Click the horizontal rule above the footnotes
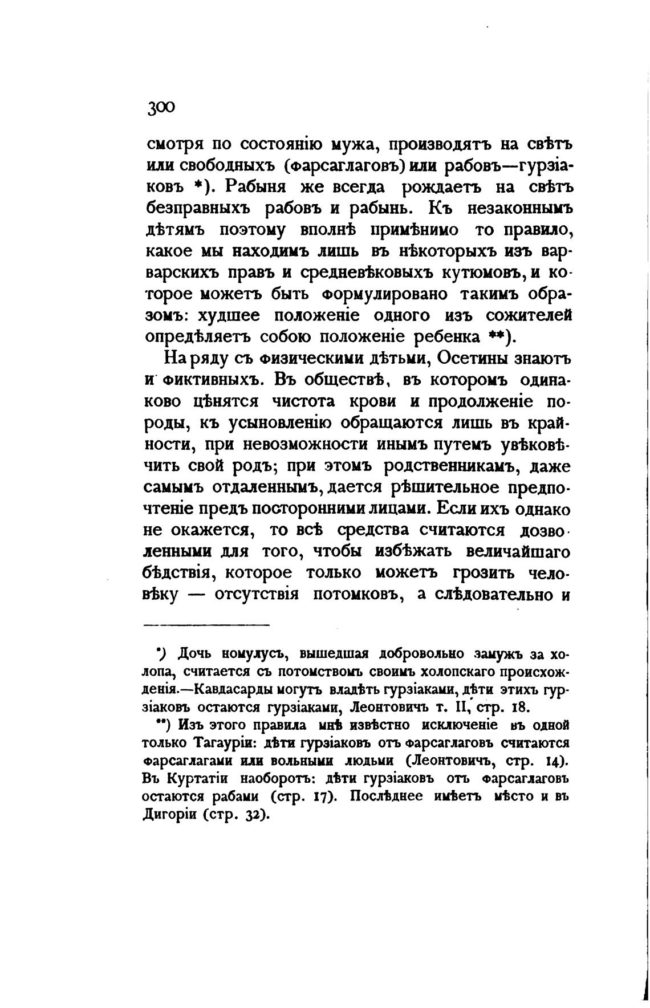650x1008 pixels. tap(205, 625)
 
